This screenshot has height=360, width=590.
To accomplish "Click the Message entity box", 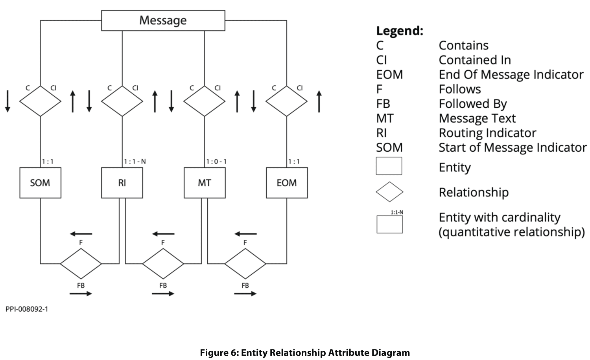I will (x=163, y=20).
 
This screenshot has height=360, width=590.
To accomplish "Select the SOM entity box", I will (x=40, y=183).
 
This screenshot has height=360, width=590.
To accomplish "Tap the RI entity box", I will (x=122, y=183).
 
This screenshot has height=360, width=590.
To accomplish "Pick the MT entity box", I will (x=205, y=183).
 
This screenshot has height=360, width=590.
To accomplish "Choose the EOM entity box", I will (x=286, y=183).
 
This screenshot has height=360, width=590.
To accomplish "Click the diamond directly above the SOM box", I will (x=40, y=101).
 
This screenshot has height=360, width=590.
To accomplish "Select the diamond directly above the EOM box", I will (x=286, y=101).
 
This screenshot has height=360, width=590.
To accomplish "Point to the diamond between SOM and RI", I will (x=81, y=263).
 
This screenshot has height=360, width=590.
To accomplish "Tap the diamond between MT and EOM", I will (x=245, y=263).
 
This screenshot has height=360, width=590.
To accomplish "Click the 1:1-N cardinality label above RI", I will (x=135, y=162).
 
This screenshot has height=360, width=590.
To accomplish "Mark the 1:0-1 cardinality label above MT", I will (x=217, y=162).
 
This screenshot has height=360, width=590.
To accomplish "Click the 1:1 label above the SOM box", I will (x=48, y=162).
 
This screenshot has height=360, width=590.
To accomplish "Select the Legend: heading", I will (x=400, y=31).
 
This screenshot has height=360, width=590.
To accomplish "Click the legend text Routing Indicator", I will (x=487, y=133).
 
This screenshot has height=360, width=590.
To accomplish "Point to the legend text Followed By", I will (x=472, y=104).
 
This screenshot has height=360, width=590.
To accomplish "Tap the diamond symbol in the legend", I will (x=389, y=192).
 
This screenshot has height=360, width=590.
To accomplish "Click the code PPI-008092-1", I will (x=27, y=309).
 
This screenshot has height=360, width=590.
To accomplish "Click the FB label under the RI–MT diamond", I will (x=163, y=285).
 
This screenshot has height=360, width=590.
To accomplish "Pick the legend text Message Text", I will (x=477, y=118).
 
